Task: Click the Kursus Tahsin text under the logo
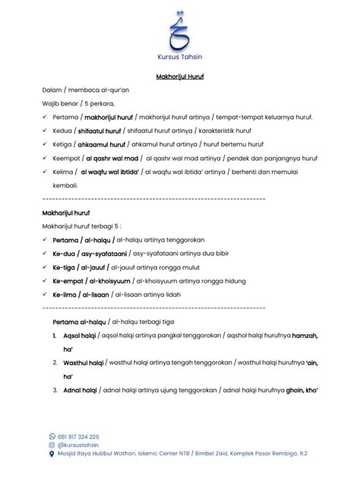click(x=180, y=58)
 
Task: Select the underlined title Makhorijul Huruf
click(x=180, y=77)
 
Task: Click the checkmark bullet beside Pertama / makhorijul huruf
click(x=46, y=117)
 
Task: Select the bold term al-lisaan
click(x=96, y=295)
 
